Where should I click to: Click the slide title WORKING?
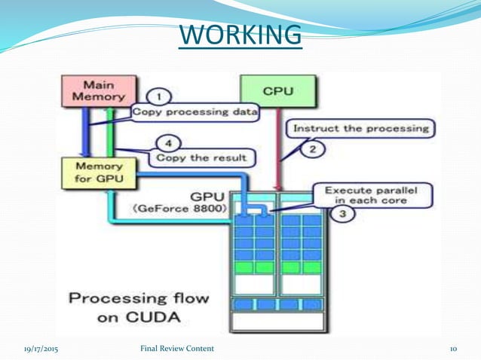click(240, 34)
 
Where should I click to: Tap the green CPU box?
click(277, 91)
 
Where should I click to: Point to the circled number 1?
click(159, 96)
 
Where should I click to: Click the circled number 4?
click(172, 142)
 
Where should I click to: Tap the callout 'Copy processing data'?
click(195, 113)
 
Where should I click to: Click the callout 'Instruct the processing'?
click(360, 128)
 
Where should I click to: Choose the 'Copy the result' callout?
click(202, 158)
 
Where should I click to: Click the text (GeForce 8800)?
click(181, 210)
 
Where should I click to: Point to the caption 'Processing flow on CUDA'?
click(139, 307)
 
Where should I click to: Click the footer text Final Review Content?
click(177, 349)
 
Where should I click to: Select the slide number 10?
click(454, 349)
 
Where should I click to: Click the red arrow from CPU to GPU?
click(279, 151)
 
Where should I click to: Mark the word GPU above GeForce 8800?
click(206, 197)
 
